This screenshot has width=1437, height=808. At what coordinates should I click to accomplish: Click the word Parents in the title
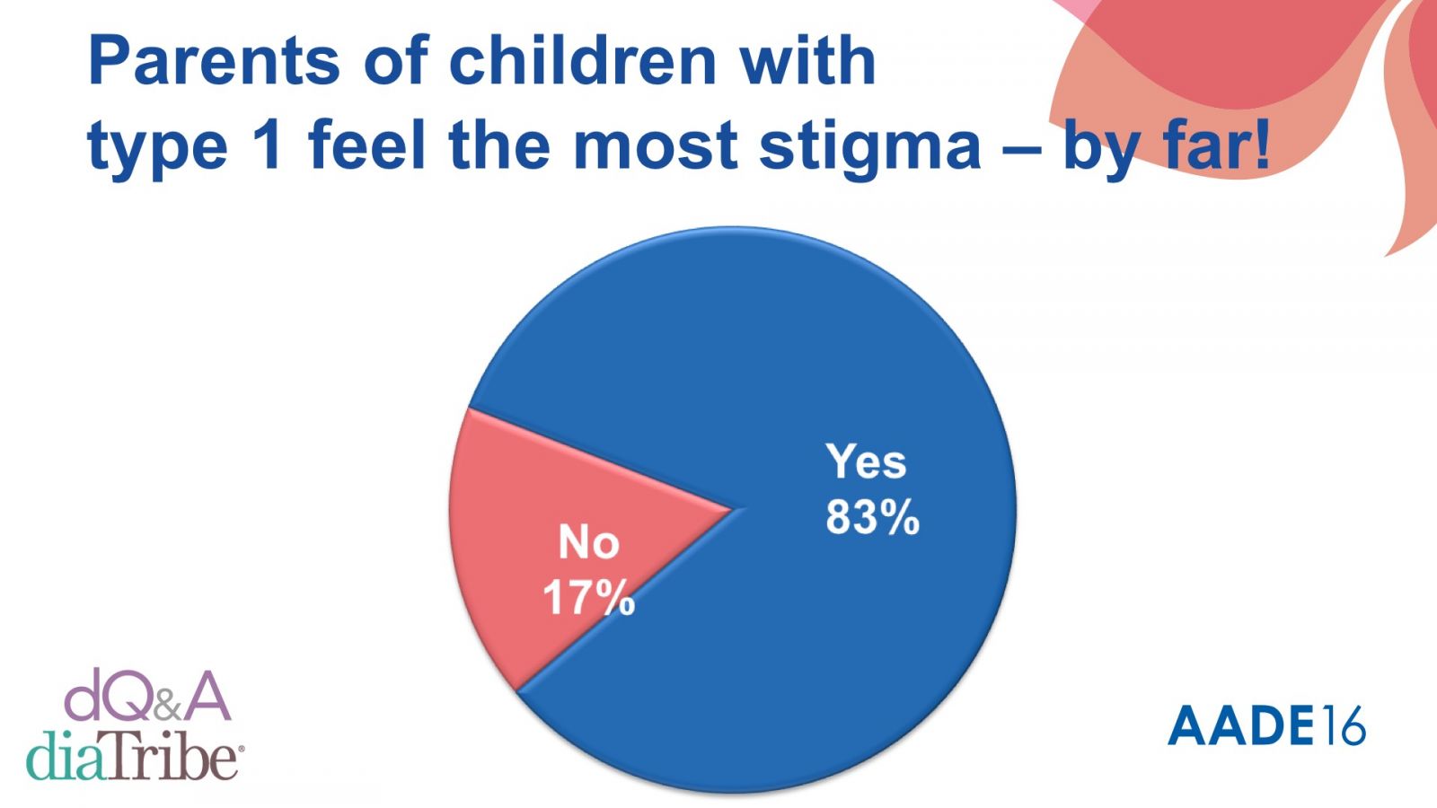point(214,62)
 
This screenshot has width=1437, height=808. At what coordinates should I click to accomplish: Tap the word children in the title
point(581,62)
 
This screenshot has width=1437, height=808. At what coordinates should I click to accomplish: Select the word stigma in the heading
point(869,146)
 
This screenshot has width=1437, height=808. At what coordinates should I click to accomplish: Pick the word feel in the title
point(366,146)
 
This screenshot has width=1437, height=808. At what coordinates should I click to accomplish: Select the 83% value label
point(872,518)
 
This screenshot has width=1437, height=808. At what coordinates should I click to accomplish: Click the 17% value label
point(588,597)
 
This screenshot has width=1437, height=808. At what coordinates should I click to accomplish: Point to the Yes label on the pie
point(866,462)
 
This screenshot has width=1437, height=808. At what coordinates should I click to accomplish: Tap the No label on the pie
point(588,542)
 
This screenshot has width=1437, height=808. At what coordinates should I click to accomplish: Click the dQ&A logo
point(147,697)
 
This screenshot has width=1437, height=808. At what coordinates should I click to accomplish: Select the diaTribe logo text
point(133,756)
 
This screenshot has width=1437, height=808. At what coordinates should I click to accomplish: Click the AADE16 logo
point(1266,725)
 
